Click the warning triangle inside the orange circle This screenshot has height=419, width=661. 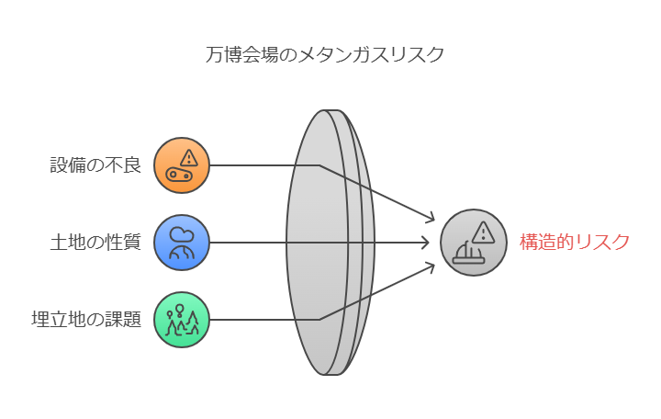[x=189, y=157]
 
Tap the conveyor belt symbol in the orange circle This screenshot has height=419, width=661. [x=179, y=175]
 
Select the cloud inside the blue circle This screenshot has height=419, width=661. [x=183, y=232]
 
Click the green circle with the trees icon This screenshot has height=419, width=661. [x=181, y=320]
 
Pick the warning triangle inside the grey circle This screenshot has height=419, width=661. [x=483, y=232]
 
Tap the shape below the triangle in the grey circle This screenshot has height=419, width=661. [x=468, y=255]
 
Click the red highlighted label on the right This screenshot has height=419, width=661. [x=577, y=242]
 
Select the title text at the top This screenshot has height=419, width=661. [x=323, y=58]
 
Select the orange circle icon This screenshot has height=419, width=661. [x=181, y=165]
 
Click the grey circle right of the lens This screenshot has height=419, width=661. [x=474, y=243]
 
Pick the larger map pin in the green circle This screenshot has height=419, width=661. [x=179, y=309]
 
